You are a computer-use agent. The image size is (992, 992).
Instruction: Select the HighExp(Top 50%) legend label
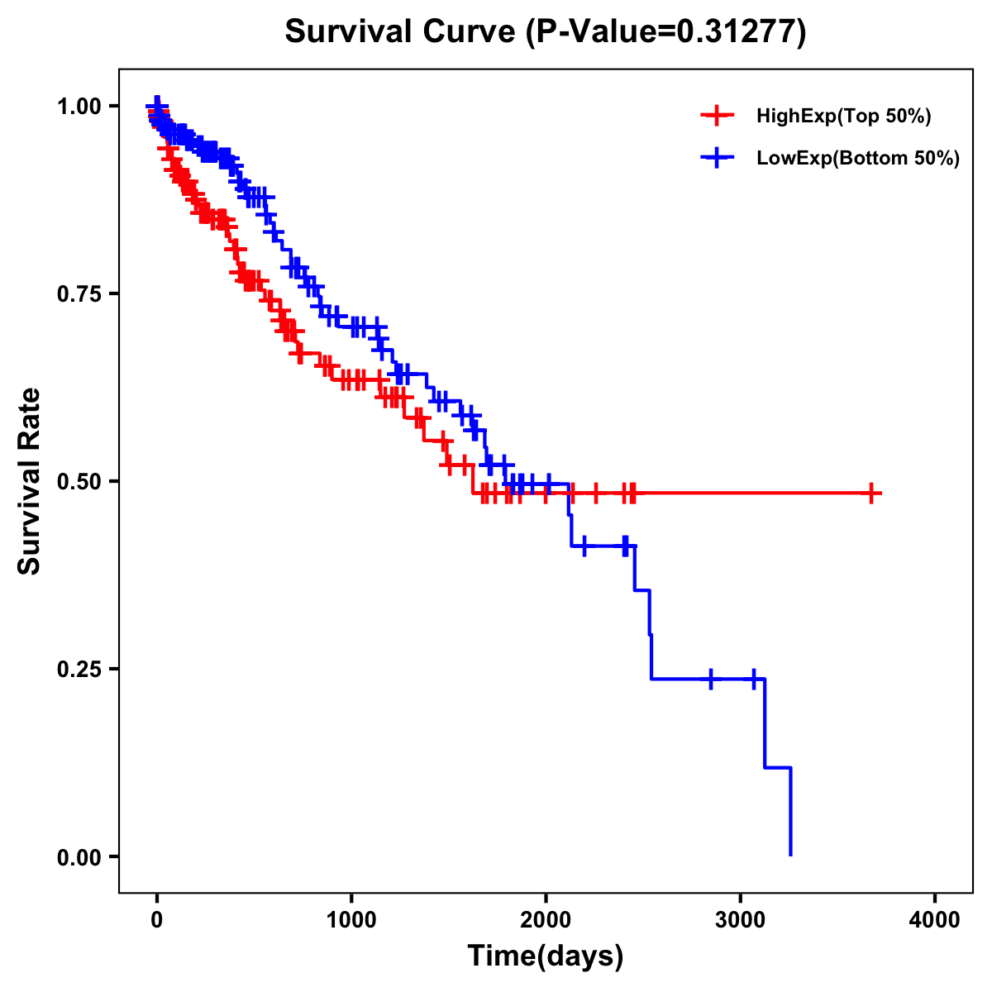pyautogui.click(x=843, y=117)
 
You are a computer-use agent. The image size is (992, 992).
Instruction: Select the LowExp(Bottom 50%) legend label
pyautogui.click(x=858, y=159)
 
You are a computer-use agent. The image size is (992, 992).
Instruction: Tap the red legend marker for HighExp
pyautogui.click(x=717, y=117)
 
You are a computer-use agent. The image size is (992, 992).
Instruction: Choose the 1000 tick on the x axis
pyautogui.click(x=351, y=920)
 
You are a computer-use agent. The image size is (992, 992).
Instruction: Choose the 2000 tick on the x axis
pyautogui.click(x=546, y=920)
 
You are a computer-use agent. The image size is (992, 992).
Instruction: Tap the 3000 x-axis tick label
pyautogui.click(x=741, y=920)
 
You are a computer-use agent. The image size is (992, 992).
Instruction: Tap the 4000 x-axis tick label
pyautogui.click(x=935, y=920)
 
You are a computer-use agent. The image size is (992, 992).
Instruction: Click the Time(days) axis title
pyautogui.click(x=546, y=956)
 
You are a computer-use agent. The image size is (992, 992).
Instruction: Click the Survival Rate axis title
pyautogui.click(x=30, y=481)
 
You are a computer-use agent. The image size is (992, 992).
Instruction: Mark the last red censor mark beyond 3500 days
pyautogui.click(x=870, y=494)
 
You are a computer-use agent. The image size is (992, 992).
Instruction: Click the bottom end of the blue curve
pyautogui.click(x=791, y=854)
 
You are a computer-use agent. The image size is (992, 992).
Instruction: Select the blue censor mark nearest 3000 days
pyautogui.click(x=754, y=679)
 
